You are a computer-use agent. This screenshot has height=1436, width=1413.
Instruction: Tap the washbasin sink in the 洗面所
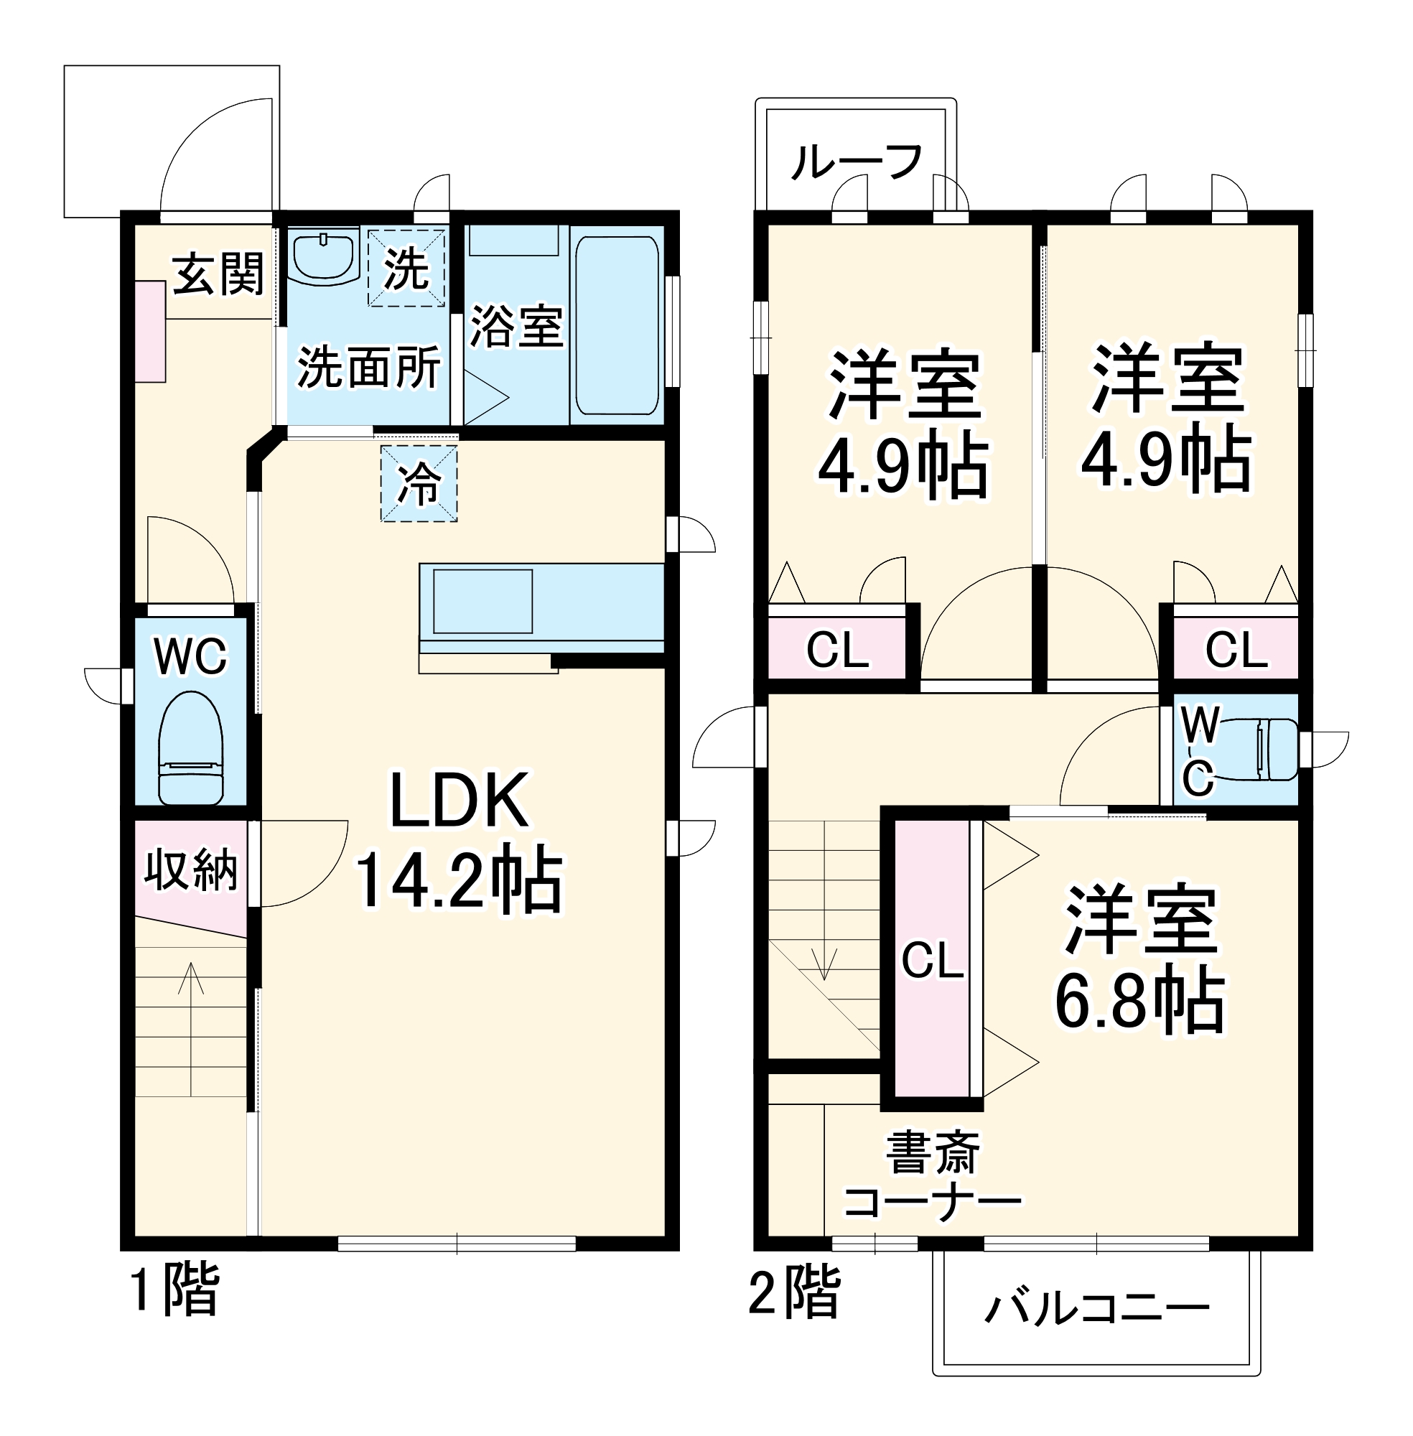click(x=323, y=256)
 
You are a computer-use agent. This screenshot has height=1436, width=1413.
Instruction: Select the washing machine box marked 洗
click(x=406, y=268)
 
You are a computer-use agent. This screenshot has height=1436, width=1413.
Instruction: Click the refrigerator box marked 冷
click(x=419, y=483)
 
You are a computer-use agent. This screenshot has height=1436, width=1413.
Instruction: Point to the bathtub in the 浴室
click(x=617, y=325)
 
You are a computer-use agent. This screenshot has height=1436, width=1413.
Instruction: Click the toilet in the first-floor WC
click(x=191, y=748)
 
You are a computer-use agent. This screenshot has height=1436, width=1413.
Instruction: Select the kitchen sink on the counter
click(x=482, y=601)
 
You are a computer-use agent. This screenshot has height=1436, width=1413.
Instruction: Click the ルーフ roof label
click(x=857, y=162)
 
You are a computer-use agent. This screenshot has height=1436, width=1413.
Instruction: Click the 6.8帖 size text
click(x=1140, y=999)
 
